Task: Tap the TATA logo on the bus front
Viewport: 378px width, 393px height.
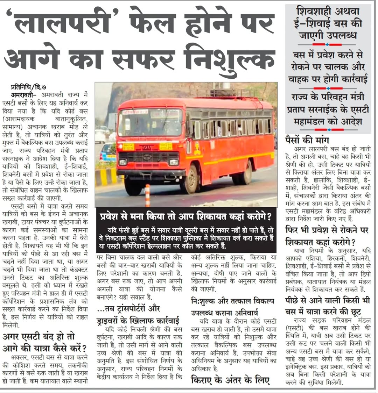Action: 147,148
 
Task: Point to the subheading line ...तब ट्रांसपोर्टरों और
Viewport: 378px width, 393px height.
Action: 128,309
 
